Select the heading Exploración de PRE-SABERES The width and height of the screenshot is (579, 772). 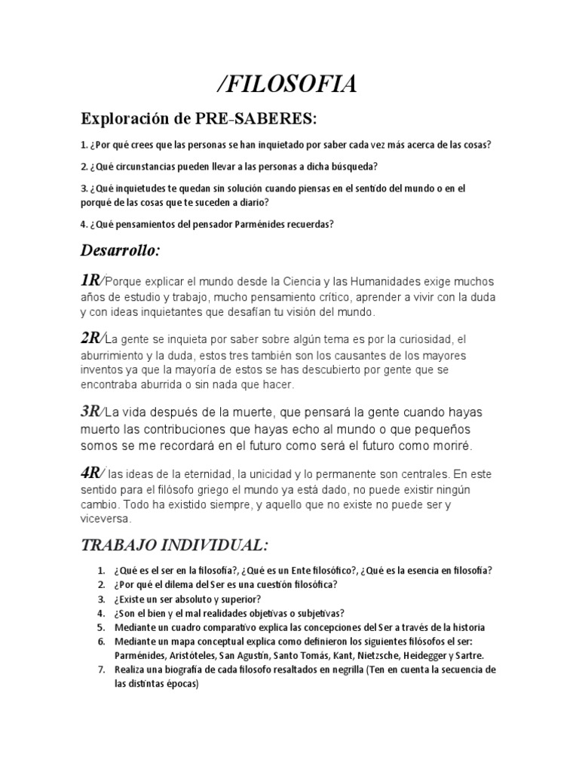[199, 120]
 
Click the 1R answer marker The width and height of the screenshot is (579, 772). [90, 280]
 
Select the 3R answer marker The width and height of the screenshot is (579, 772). [92, 411]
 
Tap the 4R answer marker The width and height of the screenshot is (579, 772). [92, 473]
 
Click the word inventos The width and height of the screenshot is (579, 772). [103, 369]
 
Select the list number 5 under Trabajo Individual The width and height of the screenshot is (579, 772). [101, 626]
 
